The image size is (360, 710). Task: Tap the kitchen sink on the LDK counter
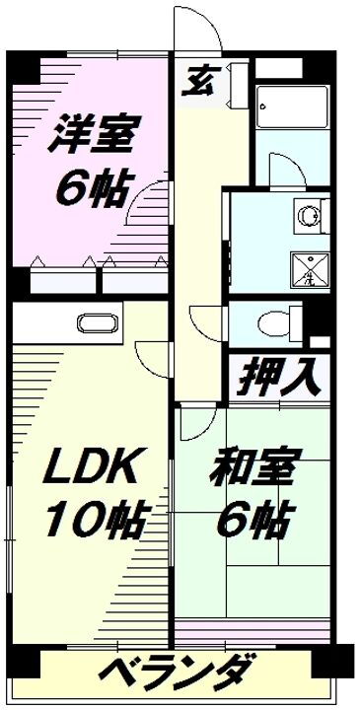[x=95, y=323]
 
